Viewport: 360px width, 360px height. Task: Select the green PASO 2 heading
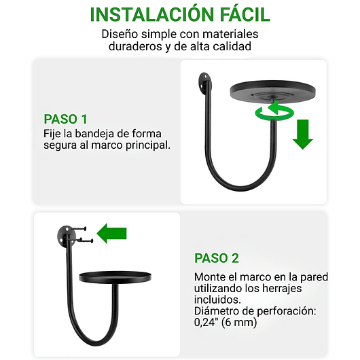[x=217, y=258]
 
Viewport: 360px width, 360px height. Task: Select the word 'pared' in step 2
[x=313, y=277]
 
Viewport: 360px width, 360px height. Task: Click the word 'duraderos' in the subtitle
[x=138, y=47]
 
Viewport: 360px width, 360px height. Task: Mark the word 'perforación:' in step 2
[x=277, y=311]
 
